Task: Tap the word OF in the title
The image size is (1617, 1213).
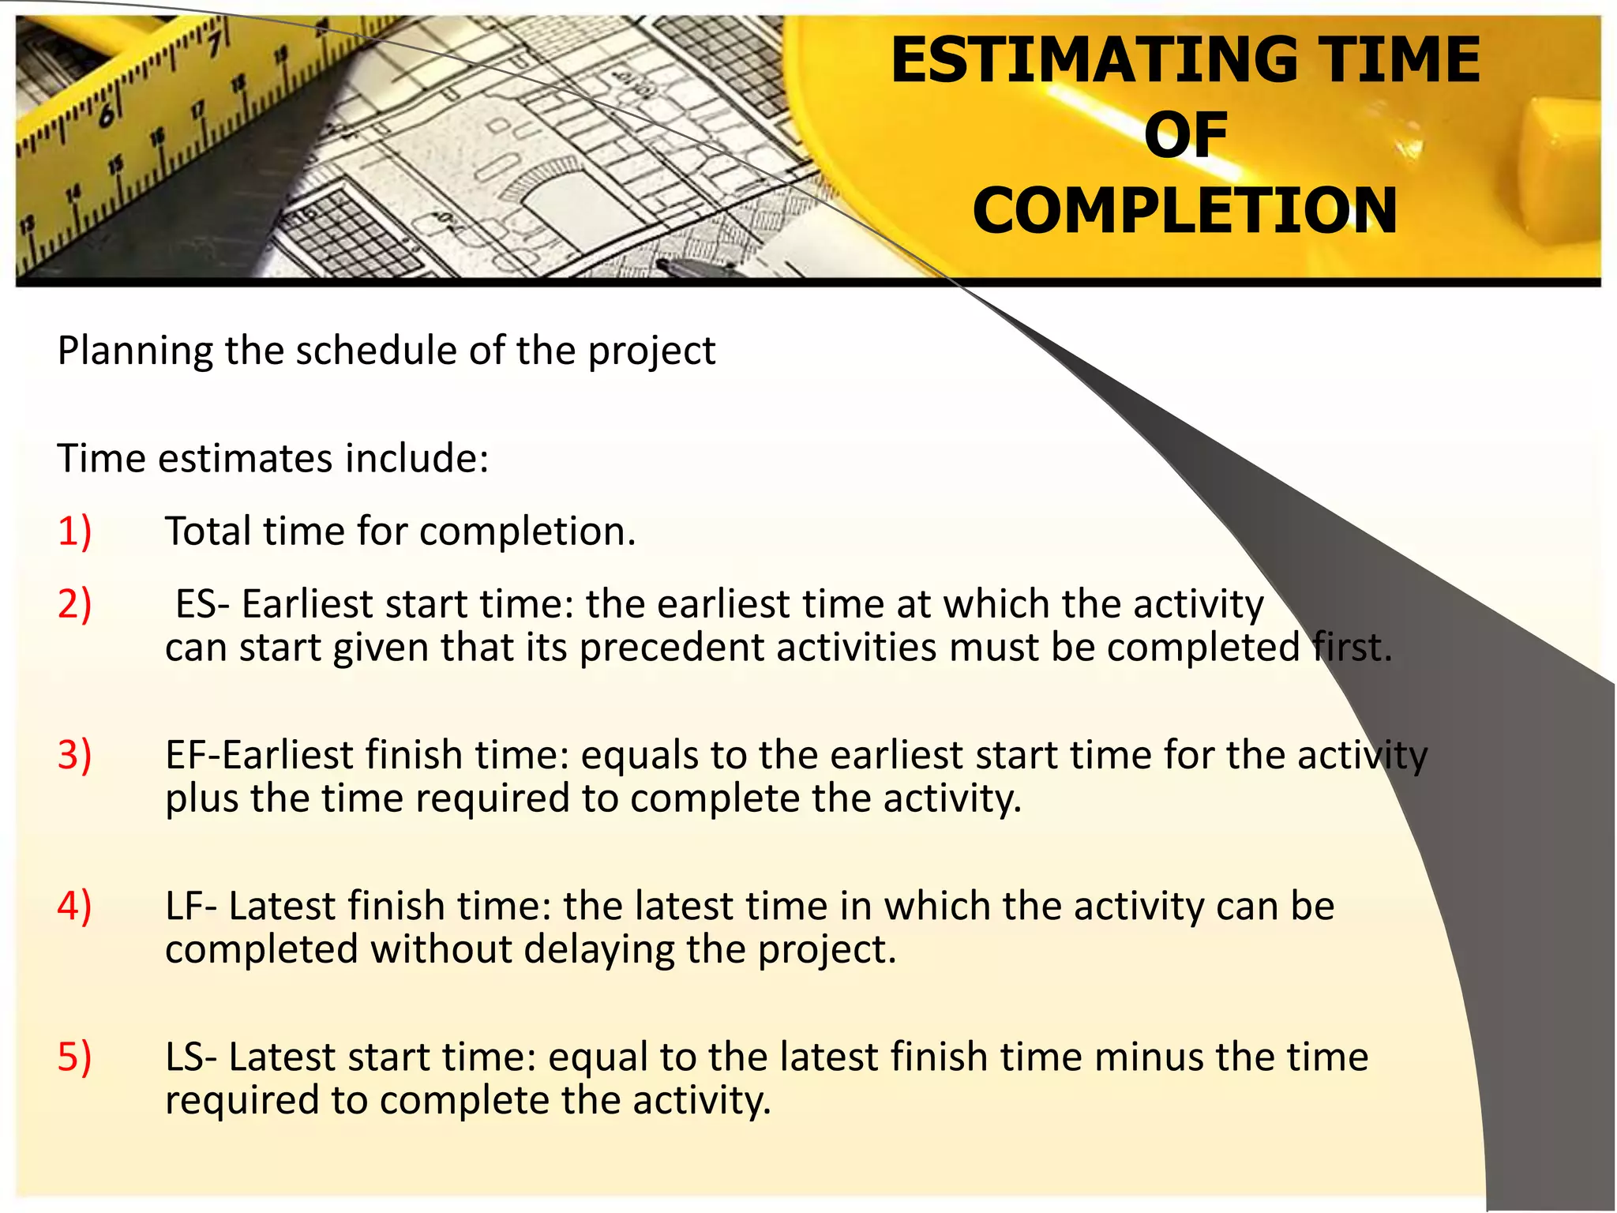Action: point(1185,135)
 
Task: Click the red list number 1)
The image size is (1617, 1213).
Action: point(74,531)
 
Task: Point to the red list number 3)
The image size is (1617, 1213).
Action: point(74,755)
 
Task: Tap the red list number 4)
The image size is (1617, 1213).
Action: point(74,906)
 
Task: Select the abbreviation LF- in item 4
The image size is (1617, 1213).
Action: point(191,906)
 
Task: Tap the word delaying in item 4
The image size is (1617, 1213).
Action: point(599,950)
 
